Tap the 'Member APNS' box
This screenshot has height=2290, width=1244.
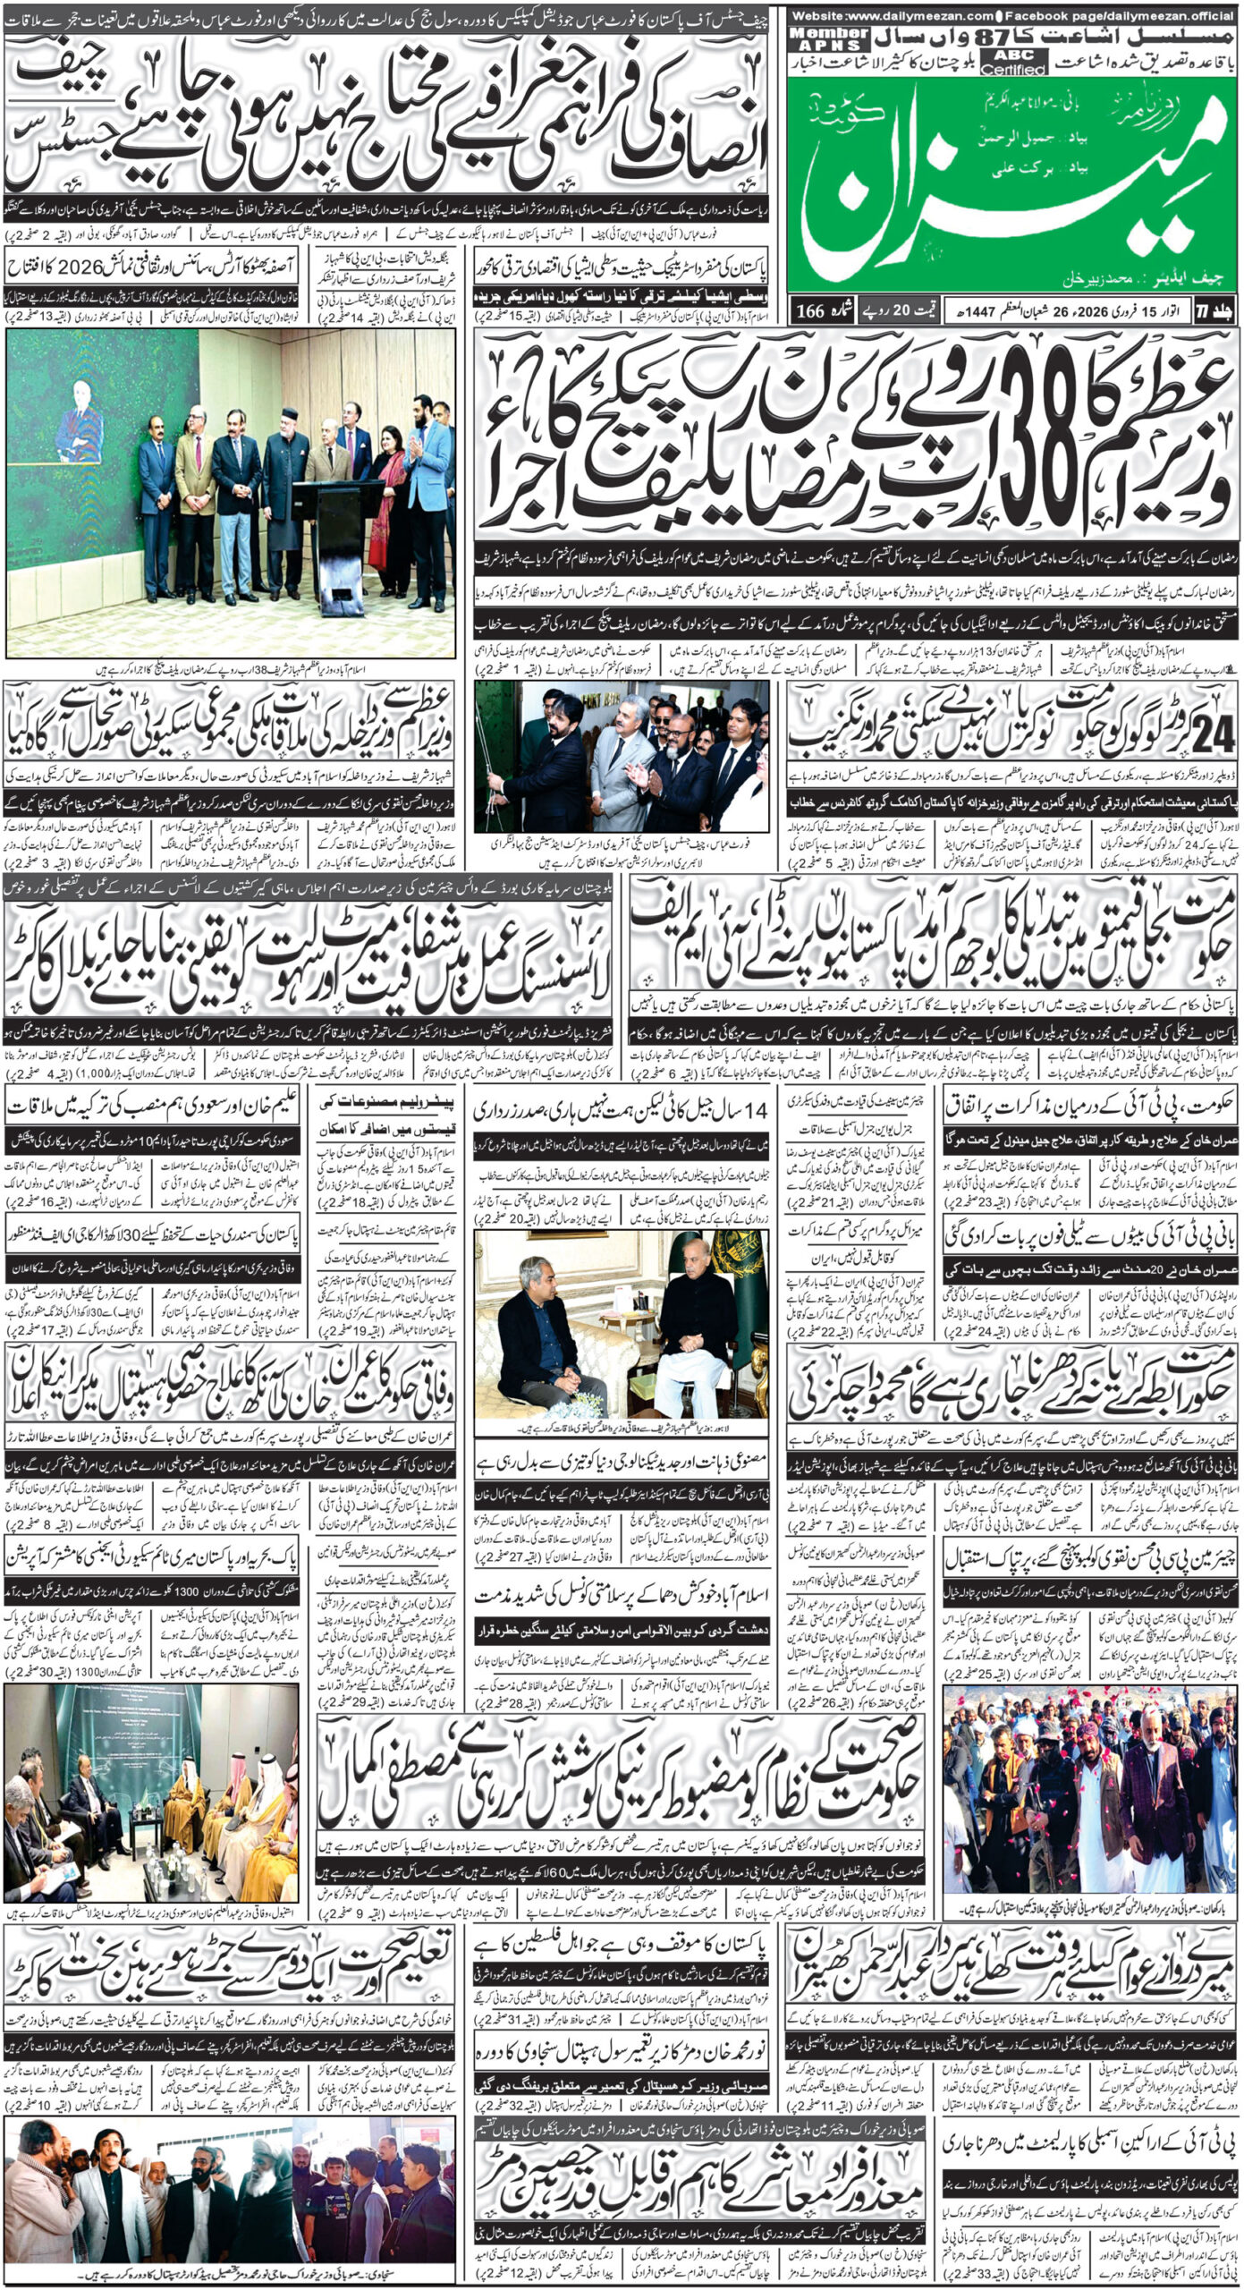829,38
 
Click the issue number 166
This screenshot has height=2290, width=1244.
810,310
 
